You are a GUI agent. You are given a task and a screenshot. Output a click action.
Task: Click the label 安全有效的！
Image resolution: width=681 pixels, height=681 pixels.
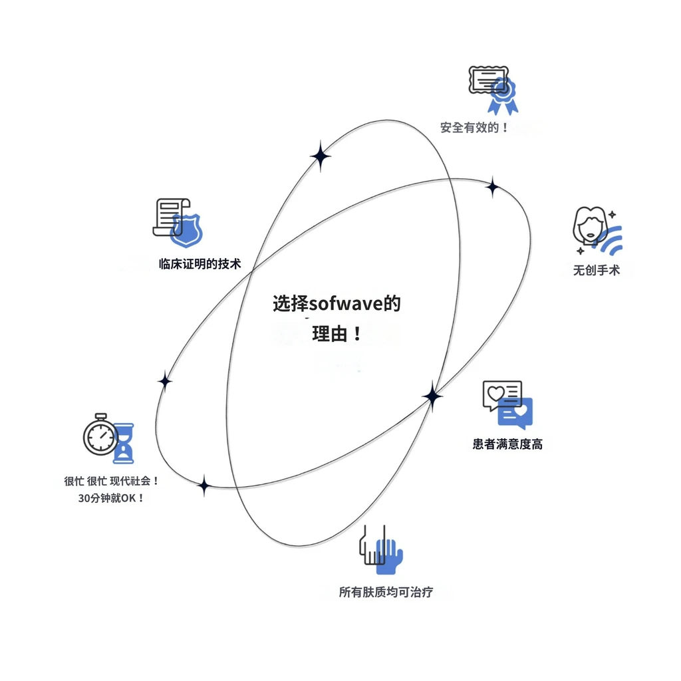coord(474,128)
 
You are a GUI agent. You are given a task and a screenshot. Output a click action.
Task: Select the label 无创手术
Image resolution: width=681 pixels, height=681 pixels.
coord(597,270)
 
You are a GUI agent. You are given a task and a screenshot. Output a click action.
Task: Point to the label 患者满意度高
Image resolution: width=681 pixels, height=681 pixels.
coord(507,444)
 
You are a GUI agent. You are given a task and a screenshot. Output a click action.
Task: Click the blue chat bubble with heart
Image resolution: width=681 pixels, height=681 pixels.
coord(515,413)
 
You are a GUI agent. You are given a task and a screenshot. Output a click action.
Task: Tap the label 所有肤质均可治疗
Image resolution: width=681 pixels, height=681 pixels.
coord(386,592)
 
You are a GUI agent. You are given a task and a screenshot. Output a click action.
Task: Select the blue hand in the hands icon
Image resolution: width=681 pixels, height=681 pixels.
coord(389,557)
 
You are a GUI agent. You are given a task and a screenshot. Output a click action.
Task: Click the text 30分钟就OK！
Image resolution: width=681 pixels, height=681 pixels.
coord(111,497)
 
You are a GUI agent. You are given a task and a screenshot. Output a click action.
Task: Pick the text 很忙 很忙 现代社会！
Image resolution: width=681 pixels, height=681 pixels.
coord(112,481)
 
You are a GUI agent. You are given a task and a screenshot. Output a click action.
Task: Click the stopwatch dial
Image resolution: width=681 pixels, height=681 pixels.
coord(101,436)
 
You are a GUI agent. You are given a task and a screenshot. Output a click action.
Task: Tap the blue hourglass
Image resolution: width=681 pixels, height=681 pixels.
coord(124,444)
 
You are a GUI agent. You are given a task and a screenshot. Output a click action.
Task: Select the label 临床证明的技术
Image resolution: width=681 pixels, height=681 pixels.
coord(200,263)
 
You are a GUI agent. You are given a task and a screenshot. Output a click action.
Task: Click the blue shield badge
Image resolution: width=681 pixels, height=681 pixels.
coord(187,229)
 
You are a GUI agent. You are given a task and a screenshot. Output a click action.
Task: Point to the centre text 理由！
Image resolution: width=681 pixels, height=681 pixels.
coord(337,334)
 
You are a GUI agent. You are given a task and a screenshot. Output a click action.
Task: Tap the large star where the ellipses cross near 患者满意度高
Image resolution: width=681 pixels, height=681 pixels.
coord(432,396)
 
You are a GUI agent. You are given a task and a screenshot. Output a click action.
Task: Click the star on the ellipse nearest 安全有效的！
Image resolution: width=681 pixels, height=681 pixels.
coord(493,187)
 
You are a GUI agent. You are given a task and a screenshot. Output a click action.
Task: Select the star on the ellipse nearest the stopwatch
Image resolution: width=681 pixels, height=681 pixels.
coord(165,382)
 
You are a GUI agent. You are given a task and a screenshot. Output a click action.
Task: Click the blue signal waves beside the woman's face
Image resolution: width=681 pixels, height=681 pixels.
coord(611,240)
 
